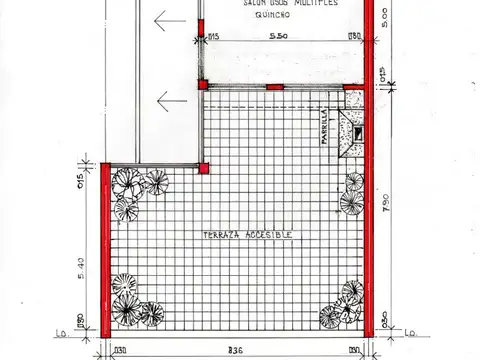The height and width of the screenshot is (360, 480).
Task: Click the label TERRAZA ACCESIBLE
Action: [247, 234]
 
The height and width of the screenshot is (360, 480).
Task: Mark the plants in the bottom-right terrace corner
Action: [343, 305]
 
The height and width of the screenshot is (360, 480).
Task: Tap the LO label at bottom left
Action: [62, 333]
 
